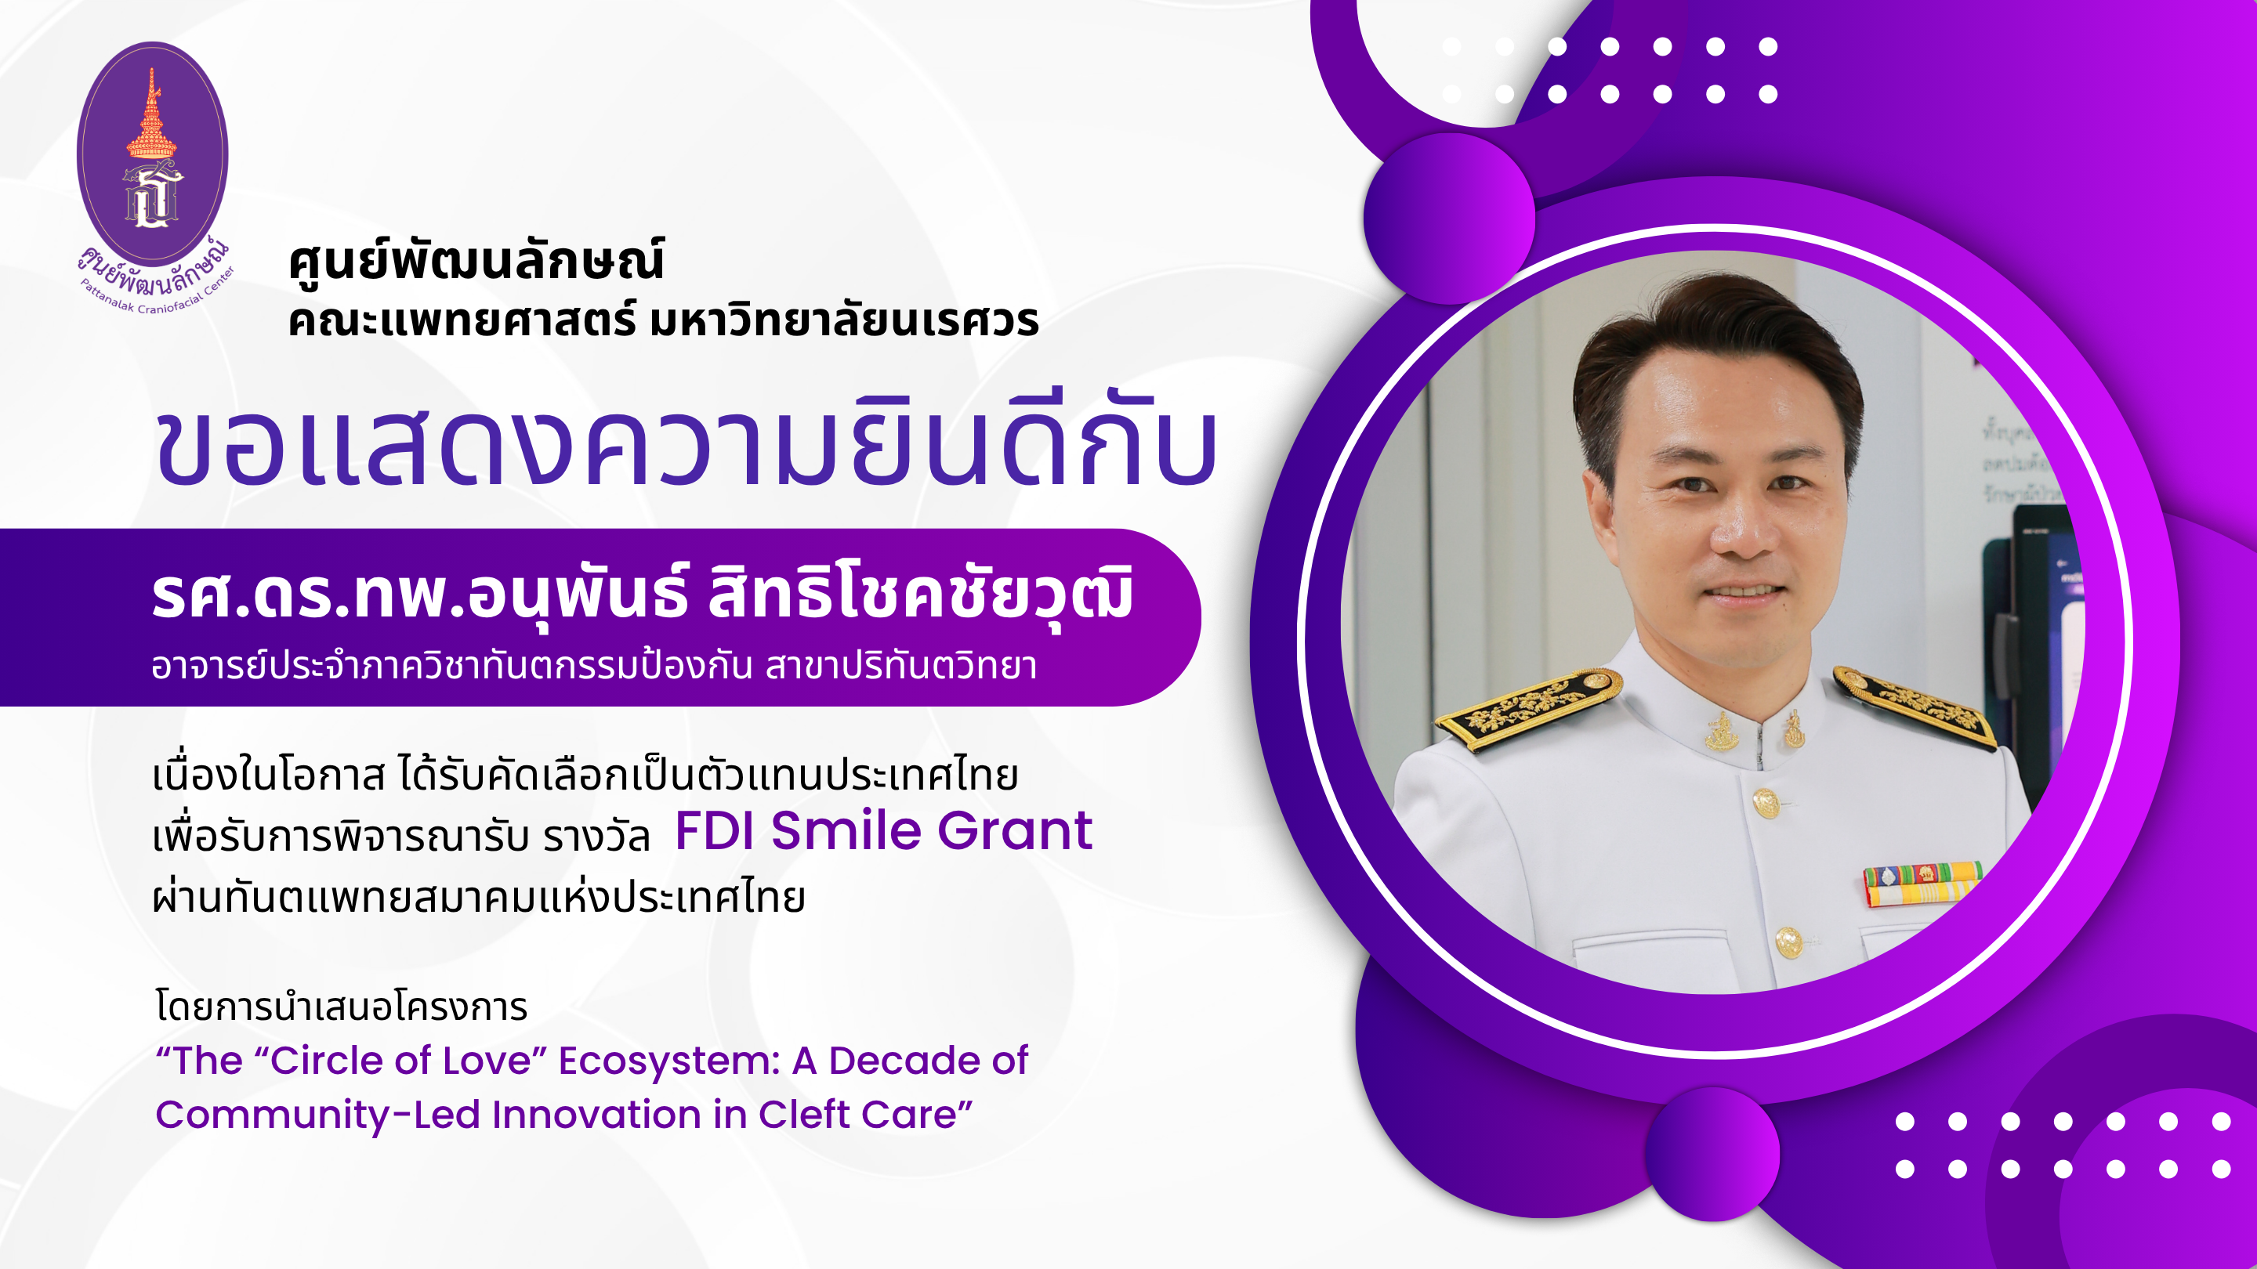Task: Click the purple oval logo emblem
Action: [153, 154]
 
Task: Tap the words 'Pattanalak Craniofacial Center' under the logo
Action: [158, 294]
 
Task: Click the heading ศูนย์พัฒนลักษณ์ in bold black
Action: [476, 260]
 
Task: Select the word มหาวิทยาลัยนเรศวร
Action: [844, 320]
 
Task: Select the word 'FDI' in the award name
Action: [715, 830]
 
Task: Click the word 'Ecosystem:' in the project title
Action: [669, 1061]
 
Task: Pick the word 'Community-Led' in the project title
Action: [317, 1115]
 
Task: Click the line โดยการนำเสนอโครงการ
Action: [342, 1007]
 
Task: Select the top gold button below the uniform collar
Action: [1766, 801]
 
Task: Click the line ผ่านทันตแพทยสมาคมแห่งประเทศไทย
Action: [478, 896]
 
